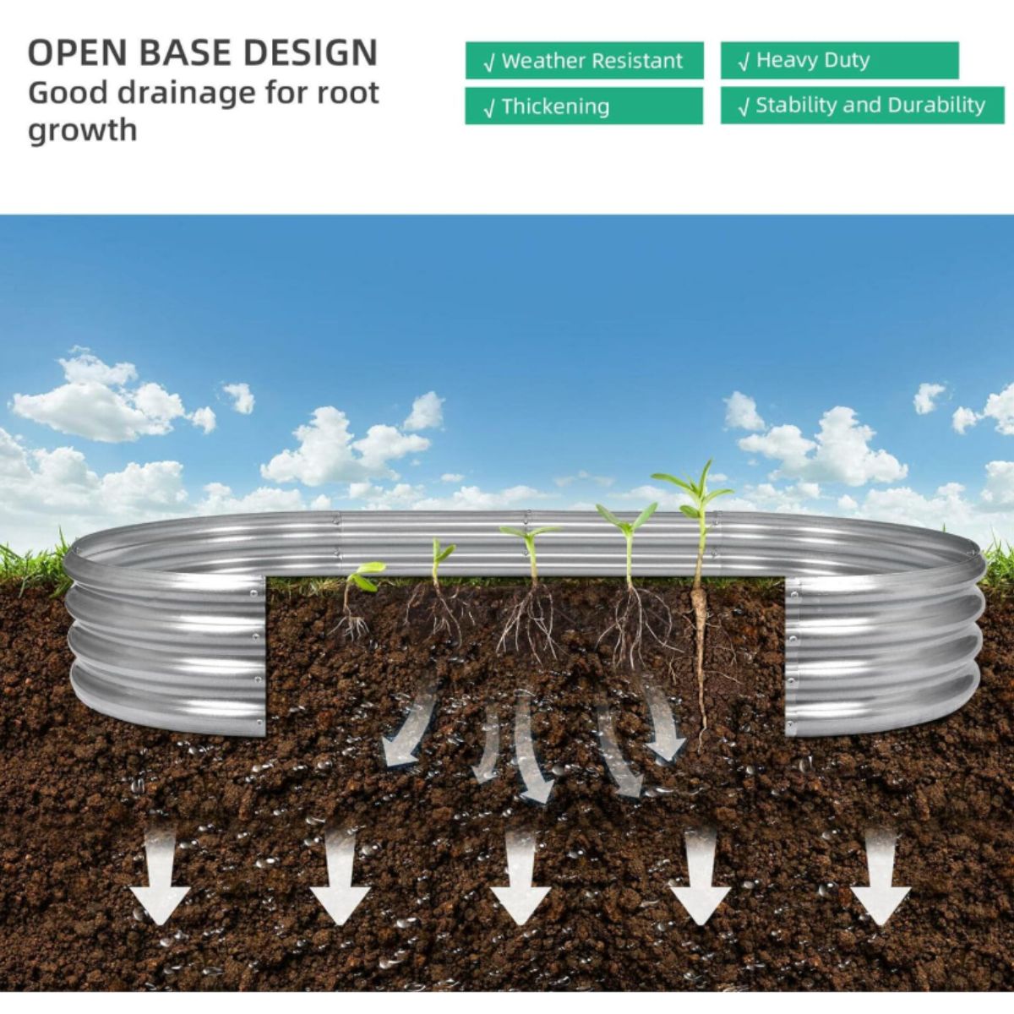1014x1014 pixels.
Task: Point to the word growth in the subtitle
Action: (82, 131)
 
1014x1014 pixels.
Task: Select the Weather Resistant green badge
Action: (584, 61)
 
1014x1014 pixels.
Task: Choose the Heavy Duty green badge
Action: (839, 61)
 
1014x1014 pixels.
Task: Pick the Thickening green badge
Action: (584, 106)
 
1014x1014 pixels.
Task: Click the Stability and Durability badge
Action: (862, 106)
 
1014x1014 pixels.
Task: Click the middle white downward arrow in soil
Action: (520, 887)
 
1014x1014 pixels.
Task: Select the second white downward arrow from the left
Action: (340, 887)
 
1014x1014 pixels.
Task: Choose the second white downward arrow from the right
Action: (700, 887)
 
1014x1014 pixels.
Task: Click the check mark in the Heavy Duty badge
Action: (744, 62)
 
